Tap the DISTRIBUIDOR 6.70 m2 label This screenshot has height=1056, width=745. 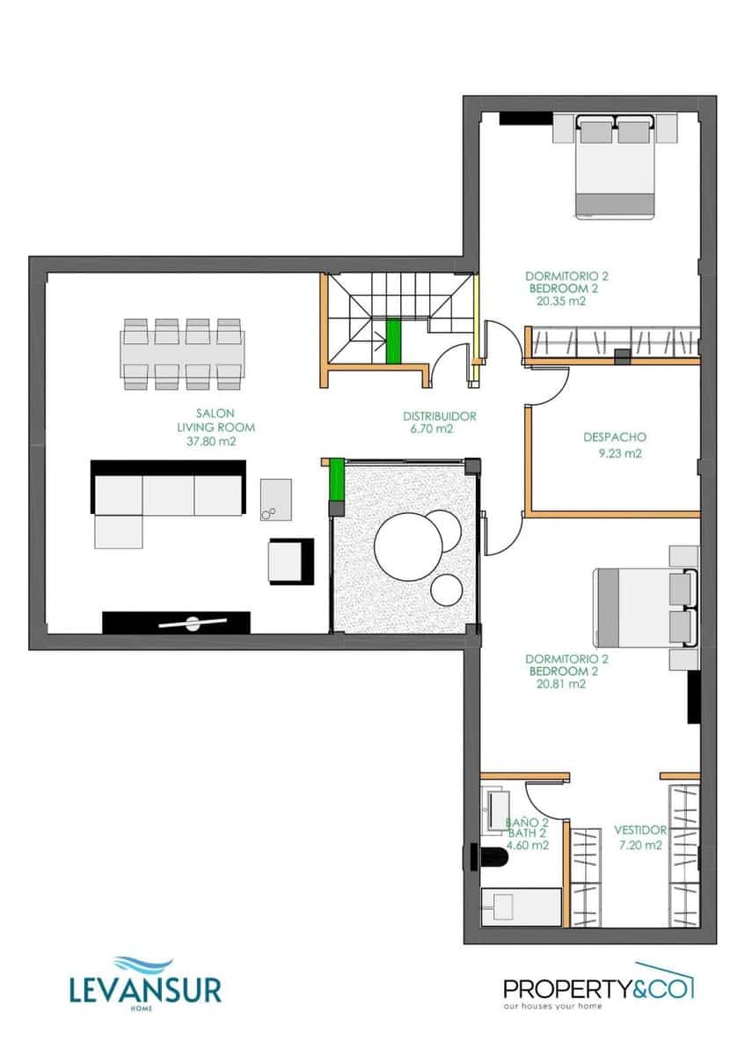[x=440, y=422]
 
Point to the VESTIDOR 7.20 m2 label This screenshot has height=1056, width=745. [x=639, y=837]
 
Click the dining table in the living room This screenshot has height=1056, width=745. [x=183, y=354]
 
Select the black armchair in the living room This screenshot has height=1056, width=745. [x=291, y=561]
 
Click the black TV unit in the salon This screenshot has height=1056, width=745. [x=177, y=621]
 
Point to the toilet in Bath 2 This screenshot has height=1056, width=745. [x=488, y=856]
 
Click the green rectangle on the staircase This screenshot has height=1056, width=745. [x=393, y=341]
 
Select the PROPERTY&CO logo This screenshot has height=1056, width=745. [x=597, y=987]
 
